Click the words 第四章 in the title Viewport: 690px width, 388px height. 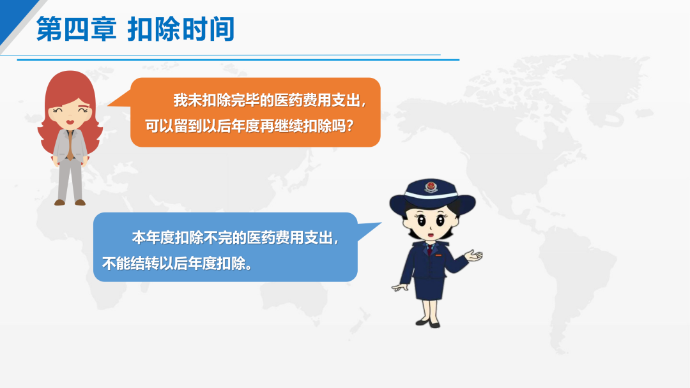[x=76, y=29]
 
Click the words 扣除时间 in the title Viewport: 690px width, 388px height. [x=181, y=29]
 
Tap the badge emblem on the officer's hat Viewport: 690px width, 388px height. [x=431, y=187]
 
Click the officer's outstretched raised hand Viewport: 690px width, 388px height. [x=473, y=255]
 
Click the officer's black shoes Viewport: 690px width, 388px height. [x=427, y=324]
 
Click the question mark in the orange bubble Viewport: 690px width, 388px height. [x=350, y=126]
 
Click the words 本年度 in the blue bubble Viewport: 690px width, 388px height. [x=153, y=238]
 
